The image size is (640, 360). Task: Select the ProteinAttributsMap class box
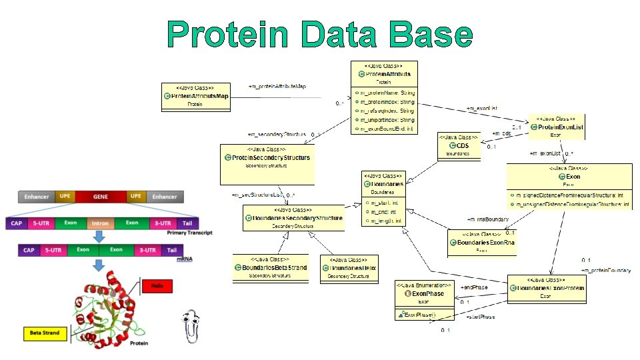point(196,95)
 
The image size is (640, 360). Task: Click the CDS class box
point(459,145)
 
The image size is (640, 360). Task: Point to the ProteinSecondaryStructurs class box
point(267,164)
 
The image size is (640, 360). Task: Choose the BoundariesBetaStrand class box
point(270,268)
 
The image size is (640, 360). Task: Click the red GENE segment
point(100,197)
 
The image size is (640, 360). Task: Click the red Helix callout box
point(157,286)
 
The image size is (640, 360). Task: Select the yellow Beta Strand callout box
point(45,333)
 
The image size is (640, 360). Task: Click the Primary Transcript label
point(189,233)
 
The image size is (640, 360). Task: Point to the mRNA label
point(184,258)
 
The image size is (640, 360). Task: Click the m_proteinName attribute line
point(387,93)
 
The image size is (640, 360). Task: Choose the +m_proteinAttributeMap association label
point(277,87)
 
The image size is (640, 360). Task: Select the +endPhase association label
point(474,287)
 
